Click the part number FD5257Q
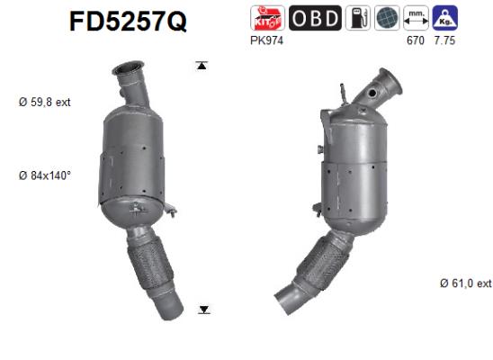pos(128,22)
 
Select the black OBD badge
pos(314,19)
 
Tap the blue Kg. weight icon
pos(444,19)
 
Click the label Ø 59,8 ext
pos(45,103)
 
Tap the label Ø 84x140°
pos(45,175)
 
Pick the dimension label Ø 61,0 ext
pos(466,283)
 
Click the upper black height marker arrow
pos(203,65)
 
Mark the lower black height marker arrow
pos(204,310)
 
